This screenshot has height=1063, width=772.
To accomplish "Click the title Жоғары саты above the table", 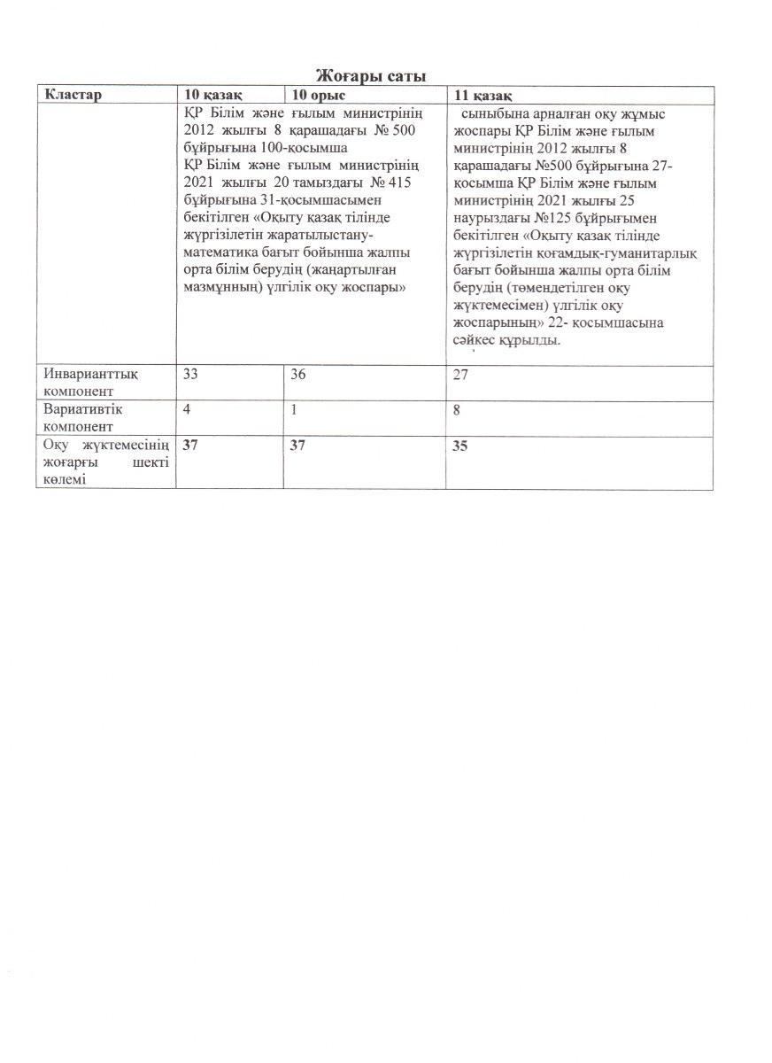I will coord(371,77).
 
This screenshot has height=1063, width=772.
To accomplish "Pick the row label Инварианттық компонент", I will coord(91,382).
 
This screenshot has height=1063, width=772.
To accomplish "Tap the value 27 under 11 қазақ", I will coord(459,376).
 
